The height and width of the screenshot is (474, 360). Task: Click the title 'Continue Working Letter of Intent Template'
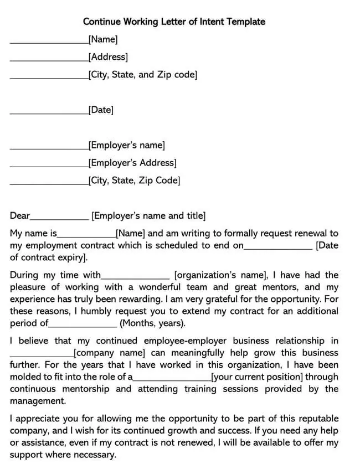coord(174,22)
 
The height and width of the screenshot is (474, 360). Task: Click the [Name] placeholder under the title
coord(103,39)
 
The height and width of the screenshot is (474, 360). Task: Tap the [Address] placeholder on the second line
coord(108,57)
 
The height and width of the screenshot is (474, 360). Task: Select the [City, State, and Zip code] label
coord(142,75)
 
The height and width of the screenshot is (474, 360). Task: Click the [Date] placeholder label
coord(101,110)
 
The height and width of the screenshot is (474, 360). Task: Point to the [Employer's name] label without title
coord(126,146)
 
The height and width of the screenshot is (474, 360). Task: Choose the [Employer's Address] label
coord(132,163)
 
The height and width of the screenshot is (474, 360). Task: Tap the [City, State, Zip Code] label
coord(134,181)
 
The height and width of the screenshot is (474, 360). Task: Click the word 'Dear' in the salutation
coord(20,216)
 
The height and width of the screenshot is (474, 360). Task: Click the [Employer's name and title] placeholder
coord(148,216)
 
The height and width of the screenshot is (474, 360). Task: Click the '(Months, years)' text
coord(152,323)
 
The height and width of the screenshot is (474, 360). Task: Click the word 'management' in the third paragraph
coord(37,401)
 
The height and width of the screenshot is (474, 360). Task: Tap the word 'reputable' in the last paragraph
coord(317,418)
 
